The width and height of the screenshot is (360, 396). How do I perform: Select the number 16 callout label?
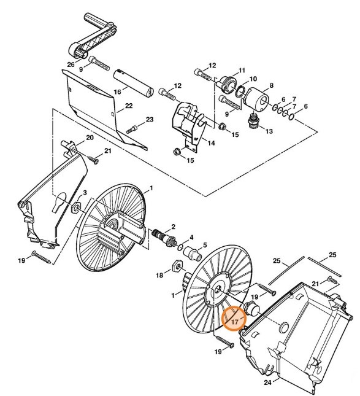coord(117,91)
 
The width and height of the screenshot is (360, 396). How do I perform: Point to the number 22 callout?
coord(129,106)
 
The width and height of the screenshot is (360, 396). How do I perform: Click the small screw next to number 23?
coord(132,129)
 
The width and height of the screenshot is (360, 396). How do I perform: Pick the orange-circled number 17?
coord(234,320)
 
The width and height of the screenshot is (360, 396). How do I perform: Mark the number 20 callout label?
coord(90,138)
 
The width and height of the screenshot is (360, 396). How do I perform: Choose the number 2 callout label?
coord(173,226)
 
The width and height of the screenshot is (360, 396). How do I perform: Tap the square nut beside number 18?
coord(174,265)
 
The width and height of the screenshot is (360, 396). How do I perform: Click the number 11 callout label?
coord(241,70)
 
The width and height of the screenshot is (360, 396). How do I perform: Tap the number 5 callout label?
coord(204,245)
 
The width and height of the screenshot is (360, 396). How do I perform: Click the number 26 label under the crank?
coord(71,64)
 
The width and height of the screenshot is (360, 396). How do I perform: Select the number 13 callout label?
coord(267,131)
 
